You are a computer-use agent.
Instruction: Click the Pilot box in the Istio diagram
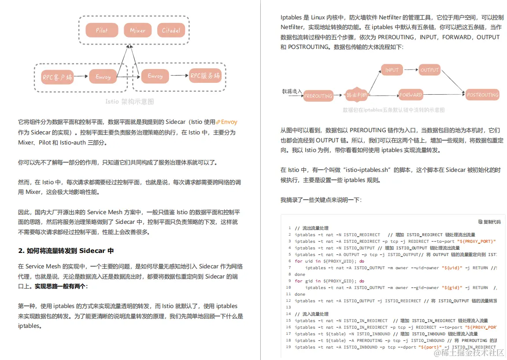(102, 30)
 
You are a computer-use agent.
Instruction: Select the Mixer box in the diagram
(137, 30)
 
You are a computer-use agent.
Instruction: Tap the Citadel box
(171, 30)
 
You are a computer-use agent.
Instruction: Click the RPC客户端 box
(57, 77)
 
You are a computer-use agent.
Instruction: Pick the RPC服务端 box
(205, 76)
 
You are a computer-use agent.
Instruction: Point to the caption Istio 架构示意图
(130, 101)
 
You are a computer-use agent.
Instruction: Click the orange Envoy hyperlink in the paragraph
(229, 122)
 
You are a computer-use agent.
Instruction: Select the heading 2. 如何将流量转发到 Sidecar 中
(66, 251)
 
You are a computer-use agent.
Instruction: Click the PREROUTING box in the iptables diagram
(318, 96)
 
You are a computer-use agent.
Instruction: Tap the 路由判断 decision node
(356, 94)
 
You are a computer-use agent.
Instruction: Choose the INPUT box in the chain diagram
(392, 70)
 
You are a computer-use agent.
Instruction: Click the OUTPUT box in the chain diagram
(429, 70)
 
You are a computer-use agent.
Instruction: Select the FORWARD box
(411, 95)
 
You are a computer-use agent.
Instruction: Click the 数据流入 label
(292, 92)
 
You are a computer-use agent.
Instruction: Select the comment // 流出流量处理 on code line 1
(312, 228)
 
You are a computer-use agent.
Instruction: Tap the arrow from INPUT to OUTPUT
(411, 70)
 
